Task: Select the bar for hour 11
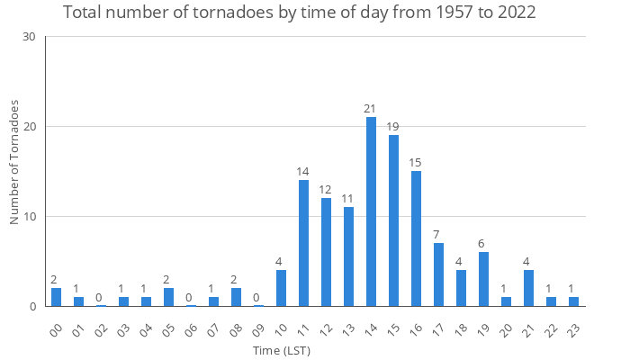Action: tap(303, 243)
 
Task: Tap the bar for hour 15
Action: tap(393, 220)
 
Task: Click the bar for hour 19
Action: tap(483, 279)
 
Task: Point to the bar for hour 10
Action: tap(281, 288)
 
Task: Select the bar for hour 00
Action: tap(56, 297)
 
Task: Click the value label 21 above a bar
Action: tap(371, 109)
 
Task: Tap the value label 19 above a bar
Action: tap(393, 127)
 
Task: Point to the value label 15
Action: tap(416, 163)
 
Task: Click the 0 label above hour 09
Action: tap(258, 298)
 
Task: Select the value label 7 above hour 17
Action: tap(438, 235)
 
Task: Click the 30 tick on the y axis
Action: tap(29, 37)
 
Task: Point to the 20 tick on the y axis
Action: tap(29, 127)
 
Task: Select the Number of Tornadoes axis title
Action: tap(15, 162)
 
